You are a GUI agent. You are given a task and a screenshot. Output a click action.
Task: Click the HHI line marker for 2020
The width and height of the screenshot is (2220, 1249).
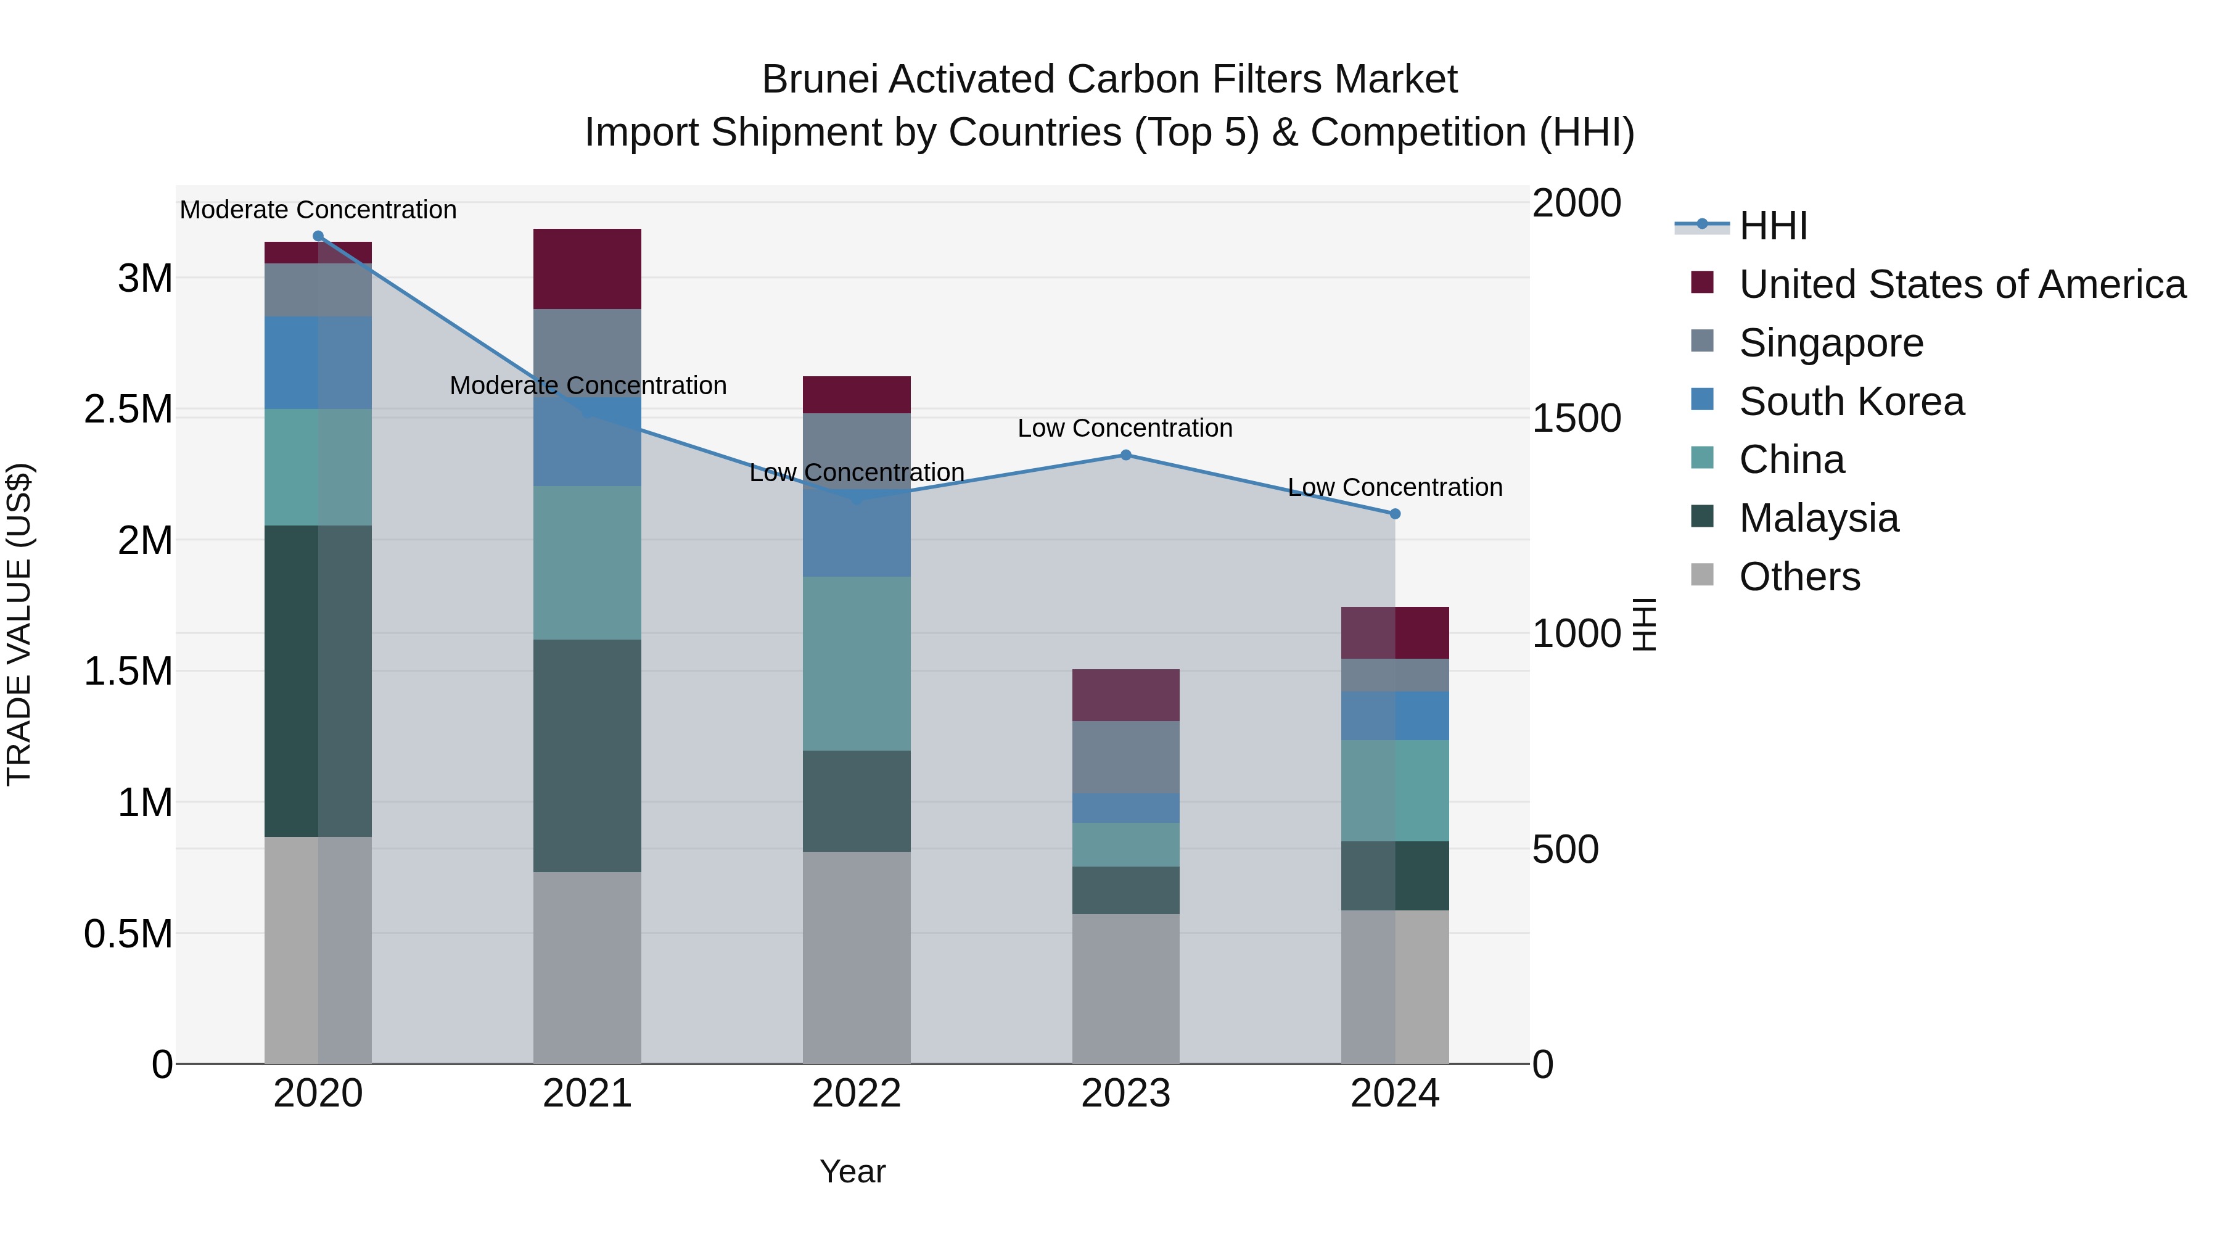(x=318, y=236)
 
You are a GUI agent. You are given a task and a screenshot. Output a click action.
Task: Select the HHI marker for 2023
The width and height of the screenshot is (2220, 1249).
(x=1125, y=455)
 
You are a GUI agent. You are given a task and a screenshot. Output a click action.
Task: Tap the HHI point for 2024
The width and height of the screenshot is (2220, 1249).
(x=1396, y=514)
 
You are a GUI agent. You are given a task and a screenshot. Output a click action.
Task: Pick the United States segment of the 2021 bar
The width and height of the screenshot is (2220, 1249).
(x=587, y=268)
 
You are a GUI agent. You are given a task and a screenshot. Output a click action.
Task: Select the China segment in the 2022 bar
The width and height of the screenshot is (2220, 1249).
(x=856, y=663)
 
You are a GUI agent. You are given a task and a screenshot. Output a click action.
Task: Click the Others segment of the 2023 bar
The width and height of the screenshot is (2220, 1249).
(x=1125, y=988)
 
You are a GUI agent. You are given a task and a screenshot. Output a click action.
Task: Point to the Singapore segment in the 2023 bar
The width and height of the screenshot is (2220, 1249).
(x=1125, y=757)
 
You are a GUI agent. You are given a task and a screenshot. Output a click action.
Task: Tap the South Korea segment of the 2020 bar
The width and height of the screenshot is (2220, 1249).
(x=318, y=362)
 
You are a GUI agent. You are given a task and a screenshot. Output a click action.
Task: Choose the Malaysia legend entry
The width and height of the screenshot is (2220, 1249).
(x=1819, y=518)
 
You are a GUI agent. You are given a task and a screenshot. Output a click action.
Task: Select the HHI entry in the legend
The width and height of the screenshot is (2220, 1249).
(x=1773, y=226)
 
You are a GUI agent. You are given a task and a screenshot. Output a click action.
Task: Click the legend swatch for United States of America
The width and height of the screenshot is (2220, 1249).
(x=1702, y=282)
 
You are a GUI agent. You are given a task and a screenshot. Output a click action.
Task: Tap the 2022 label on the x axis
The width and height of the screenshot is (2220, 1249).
(x=856, y=1094)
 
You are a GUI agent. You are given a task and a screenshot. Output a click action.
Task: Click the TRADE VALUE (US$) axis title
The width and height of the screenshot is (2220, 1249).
(x=20, y=624)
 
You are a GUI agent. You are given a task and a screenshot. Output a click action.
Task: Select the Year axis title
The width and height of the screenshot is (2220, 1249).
(x=852, y=1171)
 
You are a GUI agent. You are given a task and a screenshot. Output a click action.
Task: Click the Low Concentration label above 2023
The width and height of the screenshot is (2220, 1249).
(x=1125, y=429)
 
